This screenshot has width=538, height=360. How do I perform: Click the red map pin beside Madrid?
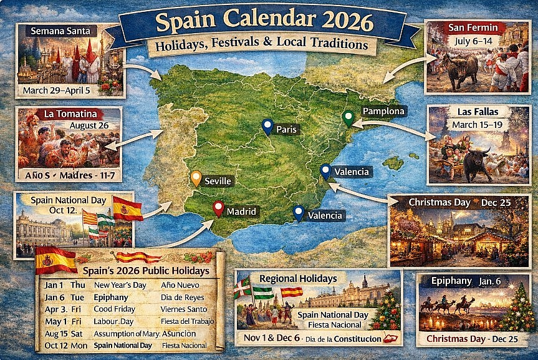(x=218, y=208)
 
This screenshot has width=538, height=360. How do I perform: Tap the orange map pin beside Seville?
(x=196, y=178)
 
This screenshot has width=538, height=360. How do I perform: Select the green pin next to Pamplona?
(x=348, y=117)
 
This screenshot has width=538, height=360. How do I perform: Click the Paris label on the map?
(x=287, y=130)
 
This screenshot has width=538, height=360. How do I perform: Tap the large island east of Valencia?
(x=394, y=163)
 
